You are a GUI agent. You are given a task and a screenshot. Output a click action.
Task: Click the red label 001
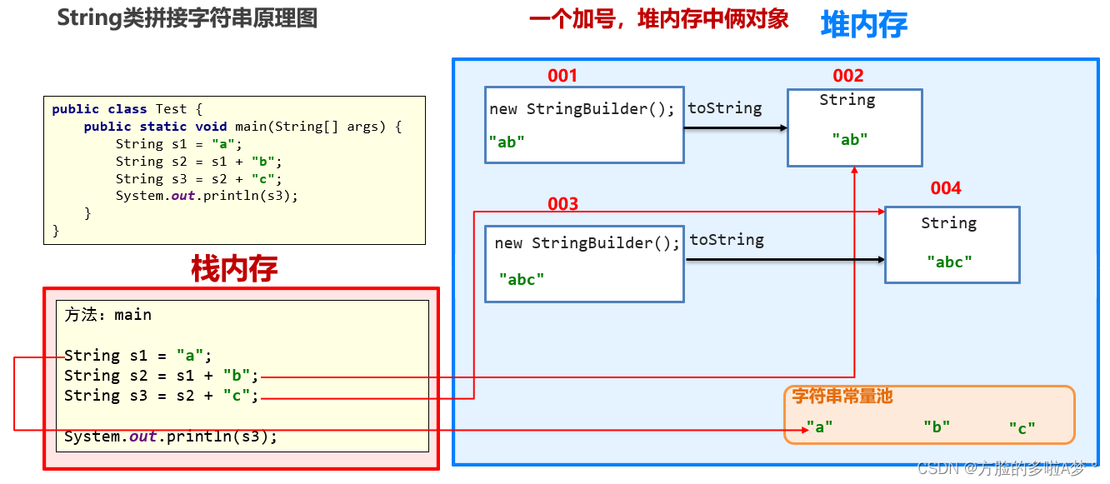(x=562, y=76)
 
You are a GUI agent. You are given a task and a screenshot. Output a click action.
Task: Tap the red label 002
(x=848, y=77)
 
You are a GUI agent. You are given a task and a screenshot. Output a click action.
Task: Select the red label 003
(x=562, y=204)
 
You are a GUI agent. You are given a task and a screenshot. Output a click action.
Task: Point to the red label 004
(x=946, y=188)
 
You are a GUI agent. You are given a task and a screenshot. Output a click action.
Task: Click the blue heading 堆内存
(x=864, y=25)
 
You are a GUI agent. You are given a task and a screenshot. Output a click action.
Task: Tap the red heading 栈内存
(x=234, y=268)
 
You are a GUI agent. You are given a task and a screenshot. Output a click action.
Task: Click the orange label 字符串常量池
(x=842, y=397)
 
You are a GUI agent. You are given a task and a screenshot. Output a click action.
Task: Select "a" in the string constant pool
(x=819, y=427)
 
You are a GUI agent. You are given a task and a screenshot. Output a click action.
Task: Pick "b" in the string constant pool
(x=937, y=427)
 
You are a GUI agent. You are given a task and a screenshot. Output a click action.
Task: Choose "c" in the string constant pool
(x=1022, y=428)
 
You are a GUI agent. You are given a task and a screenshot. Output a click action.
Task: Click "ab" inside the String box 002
(x=850, y=140)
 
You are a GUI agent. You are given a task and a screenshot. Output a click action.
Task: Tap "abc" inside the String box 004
(x=949, y=262)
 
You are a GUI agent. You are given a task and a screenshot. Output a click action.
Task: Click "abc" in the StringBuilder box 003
(x=522, y=280)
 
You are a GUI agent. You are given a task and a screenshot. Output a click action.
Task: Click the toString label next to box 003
(x=727, y=240)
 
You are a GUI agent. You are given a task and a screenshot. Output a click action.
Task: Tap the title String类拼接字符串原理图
(x=187, y=18)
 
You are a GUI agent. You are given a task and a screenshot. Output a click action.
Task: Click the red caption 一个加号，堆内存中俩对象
(x=658, y=19)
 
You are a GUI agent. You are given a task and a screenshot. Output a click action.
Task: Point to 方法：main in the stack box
(x=108, y=315)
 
